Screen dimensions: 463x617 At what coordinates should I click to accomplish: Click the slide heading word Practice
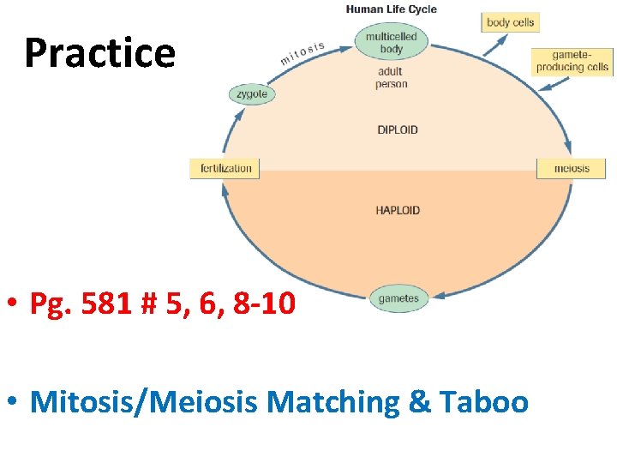(99, 53)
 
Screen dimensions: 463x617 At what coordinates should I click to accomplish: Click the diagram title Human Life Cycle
(391, 9)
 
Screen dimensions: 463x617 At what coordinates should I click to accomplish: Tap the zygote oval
(252, 93)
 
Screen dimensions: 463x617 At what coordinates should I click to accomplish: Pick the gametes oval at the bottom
(398, 299)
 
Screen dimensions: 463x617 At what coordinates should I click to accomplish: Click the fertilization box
(225, 168)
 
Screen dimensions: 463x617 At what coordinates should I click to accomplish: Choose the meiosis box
(572, 168)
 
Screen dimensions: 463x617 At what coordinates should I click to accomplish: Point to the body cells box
(510, 22)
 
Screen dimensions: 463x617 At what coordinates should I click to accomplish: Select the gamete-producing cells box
(572, 61)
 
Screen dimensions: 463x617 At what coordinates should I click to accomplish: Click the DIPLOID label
(398, 130)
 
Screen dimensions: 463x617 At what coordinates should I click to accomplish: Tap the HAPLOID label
(398, 210)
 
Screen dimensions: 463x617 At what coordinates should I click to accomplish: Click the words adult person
(391, 78)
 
